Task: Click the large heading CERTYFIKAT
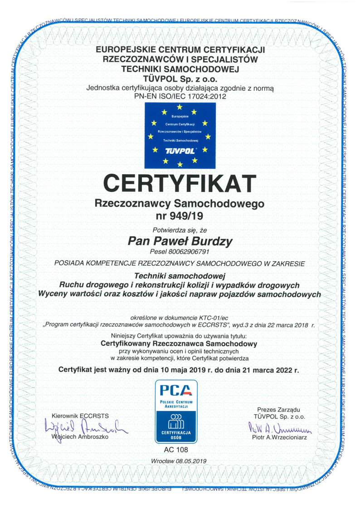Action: [x=180, y=183]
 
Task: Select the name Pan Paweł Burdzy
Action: [x=180, y=241]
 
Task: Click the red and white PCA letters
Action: [x=176, y=389]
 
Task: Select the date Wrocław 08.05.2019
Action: [x=180, y=461]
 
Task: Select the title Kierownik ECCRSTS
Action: [x=80, y=416]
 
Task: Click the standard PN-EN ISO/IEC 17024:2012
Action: [x=180, y=96]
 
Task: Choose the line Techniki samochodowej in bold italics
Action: [x=180, y=275]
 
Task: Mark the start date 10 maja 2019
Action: [x=187, y=369]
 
